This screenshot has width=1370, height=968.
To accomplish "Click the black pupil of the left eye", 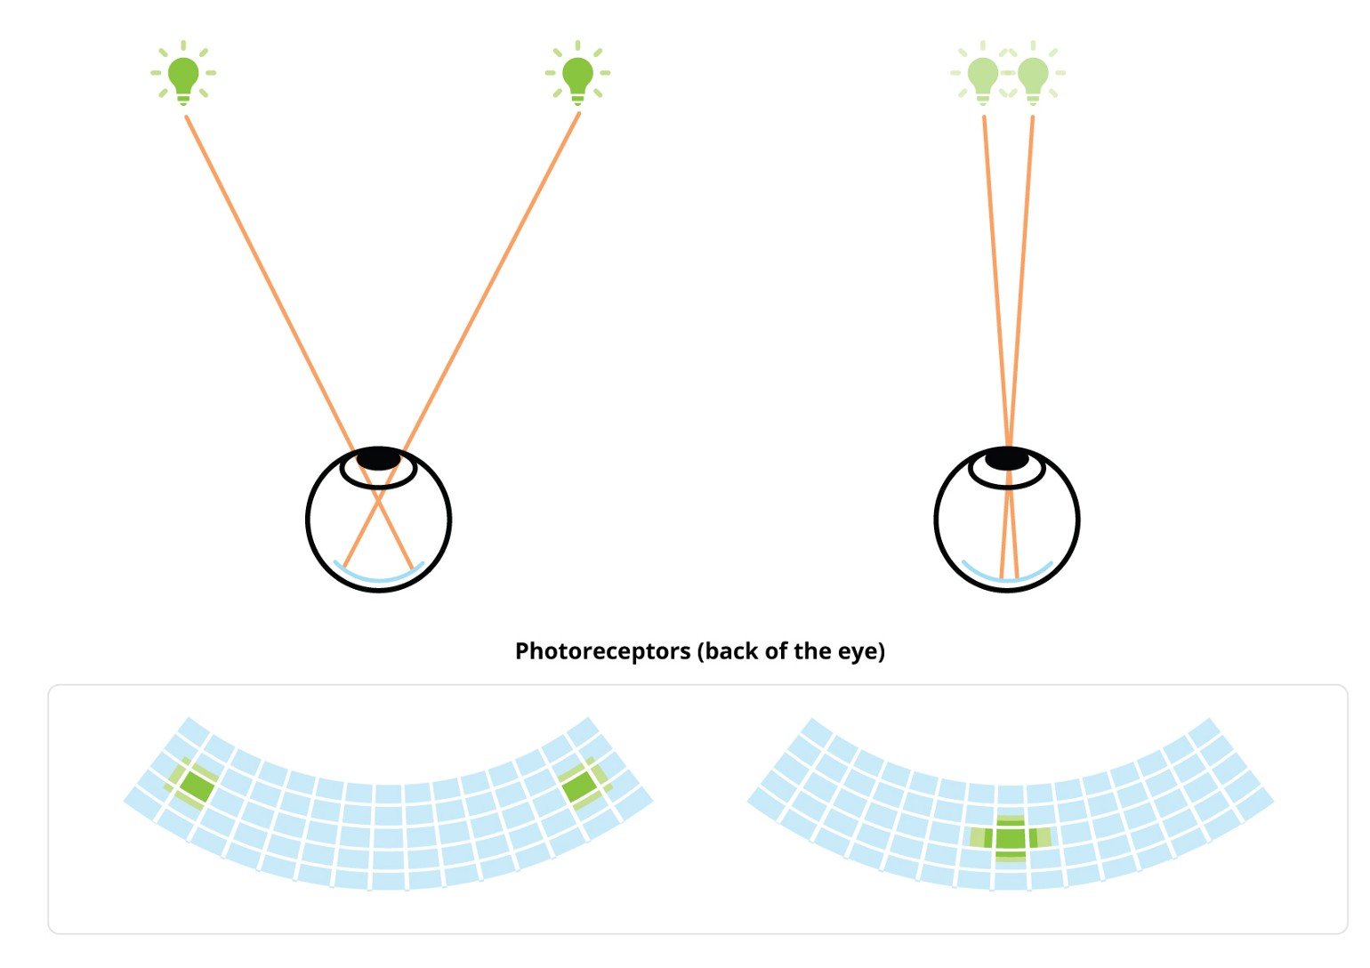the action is click(379, 458).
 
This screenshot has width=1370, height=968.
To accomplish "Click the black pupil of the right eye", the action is click(1007, 458).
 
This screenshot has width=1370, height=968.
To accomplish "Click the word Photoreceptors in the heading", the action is click(602, 651).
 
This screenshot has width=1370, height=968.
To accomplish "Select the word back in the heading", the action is click(731, 651).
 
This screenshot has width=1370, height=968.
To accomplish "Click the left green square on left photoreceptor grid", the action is click(195, 787).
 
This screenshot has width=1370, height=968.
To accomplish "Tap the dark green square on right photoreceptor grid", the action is click(1010, 838).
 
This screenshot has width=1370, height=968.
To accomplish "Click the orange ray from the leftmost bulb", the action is click(299, 343).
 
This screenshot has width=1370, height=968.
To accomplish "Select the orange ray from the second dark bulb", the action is click(461, 340).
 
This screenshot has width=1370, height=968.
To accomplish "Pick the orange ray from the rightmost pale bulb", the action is click(1017, 347).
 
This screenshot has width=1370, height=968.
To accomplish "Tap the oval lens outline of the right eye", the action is click(1007, 488).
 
